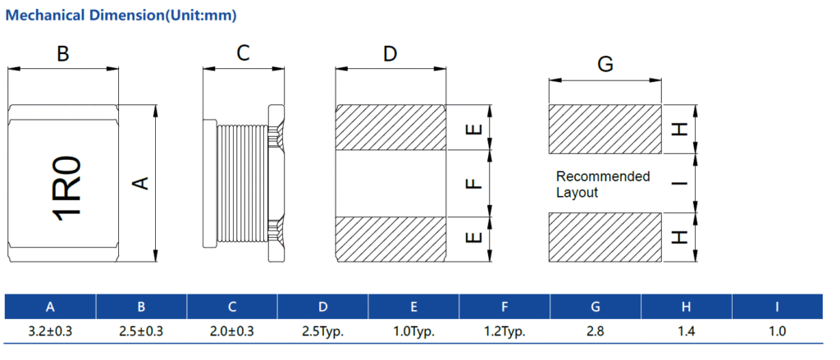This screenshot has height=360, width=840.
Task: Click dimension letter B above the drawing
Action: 62,55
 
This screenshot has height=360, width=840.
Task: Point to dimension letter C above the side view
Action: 243,54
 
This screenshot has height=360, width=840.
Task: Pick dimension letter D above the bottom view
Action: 390,54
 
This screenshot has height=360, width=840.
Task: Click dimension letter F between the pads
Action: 472,185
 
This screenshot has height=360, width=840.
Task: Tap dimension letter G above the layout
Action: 605,65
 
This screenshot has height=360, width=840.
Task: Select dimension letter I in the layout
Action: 679,183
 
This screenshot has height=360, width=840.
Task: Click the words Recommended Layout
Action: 602,185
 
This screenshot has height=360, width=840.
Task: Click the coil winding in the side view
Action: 243,184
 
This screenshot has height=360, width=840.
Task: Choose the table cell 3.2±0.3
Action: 50,331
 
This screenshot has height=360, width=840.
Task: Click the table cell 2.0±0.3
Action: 232,331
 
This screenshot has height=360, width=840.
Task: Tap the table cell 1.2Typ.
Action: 504,331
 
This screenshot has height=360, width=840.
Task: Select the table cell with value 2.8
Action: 596,331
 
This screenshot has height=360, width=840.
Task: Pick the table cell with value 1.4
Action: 687,331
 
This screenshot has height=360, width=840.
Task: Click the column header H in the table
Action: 687,308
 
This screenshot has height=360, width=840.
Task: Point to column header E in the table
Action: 414,308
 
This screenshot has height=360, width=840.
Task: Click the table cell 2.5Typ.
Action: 323,331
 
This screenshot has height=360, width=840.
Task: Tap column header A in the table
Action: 50,308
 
